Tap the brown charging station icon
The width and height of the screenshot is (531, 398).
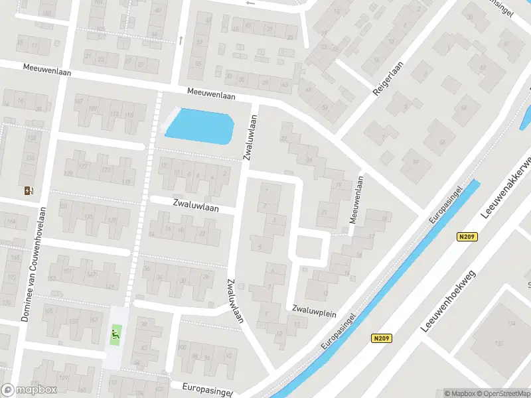pyautogui.click(x=29, y=191)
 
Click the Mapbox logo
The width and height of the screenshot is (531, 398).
pyautogui.click(x=29, y=390)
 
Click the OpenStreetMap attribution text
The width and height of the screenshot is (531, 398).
pyautogui.click(x=504, y=393)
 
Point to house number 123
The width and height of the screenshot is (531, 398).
pyautogui.click(x=106, y=170)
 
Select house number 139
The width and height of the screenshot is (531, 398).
pyautogui.click(x=112, y=220)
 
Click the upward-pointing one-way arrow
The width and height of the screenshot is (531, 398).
pyautogui.click(x=181, y=40)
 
